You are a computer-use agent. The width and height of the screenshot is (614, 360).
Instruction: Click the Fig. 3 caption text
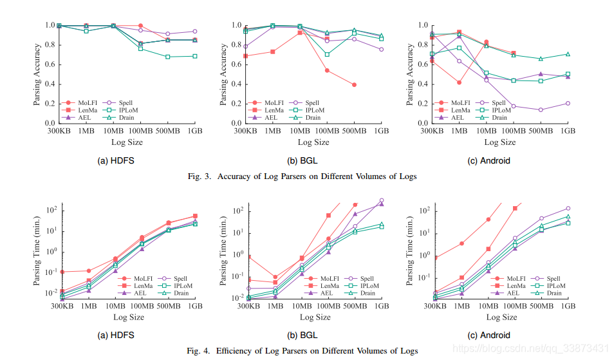pyautogui.click(x=306, y=176)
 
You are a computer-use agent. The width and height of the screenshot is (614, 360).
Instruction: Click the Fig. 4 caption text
pyautogui.click(x=306, y=350)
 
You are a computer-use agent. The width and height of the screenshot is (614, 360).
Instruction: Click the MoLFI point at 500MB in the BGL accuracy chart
pyautogui.click(x=354, y=84)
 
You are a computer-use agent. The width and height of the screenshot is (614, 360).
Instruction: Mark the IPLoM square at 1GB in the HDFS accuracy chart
pyautogui.click(x=194, y=56)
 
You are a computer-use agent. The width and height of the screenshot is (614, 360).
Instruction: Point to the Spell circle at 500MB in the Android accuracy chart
pyautogui.click(x=541, y=109)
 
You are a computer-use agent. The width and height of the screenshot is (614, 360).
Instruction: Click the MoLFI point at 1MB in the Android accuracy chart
pyautogui.click(x=459, y=82)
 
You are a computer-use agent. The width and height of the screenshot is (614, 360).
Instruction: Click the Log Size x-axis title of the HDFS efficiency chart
pyautogui.click(x=129, y=317)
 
